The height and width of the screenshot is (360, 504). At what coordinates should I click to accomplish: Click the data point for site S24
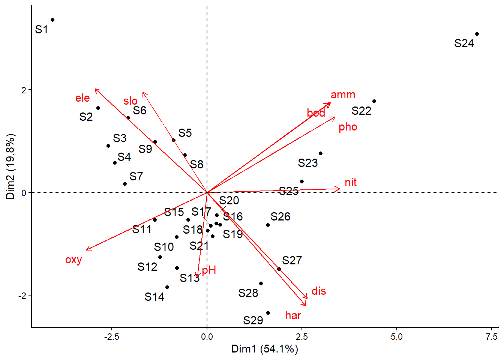point(477,34)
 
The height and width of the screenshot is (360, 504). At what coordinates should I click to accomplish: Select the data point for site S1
point(52,20)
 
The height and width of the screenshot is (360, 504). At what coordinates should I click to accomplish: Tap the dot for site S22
point(374,101)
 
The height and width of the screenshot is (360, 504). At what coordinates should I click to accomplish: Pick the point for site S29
point(268,313)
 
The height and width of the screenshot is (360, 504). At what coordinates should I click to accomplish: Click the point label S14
point(154,297)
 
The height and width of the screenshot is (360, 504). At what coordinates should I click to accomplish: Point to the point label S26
point(280,216)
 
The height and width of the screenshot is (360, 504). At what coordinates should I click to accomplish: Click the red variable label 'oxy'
point(73,259)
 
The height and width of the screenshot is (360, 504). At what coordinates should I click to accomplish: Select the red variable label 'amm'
point(343,95)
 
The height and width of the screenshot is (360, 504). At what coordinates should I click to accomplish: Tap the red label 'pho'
point(348,127)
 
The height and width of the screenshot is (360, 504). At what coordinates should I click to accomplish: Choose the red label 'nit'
point(351,182)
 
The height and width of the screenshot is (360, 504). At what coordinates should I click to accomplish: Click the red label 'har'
point(293,315)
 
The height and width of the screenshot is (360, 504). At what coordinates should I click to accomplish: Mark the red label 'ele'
point(82,98)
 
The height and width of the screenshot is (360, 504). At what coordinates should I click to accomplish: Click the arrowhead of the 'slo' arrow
point(143,92)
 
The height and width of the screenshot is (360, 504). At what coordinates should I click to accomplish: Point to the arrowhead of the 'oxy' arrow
point(87,250)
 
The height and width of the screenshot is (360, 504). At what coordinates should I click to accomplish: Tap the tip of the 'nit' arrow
point(340,189)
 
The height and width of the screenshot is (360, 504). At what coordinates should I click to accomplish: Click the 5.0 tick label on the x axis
point(397,337)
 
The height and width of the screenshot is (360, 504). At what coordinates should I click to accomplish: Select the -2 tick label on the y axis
point(23,295)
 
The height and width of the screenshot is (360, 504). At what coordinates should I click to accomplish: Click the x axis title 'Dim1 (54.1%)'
point(264,349)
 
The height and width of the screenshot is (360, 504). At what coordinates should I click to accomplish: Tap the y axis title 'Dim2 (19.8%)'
point(10,166)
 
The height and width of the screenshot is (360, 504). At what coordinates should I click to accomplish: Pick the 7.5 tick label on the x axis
point(492,337)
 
